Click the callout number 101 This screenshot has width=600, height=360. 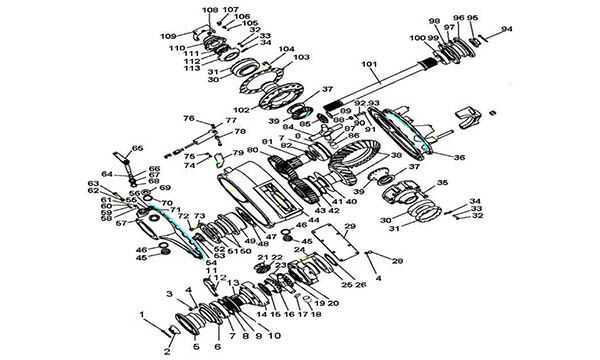[369, 65]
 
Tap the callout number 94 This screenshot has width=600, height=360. [506, 30]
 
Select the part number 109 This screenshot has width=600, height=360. [168, 37]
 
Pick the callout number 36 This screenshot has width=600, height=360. [459, 157]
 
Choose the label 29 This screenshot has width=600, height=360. [351, 228]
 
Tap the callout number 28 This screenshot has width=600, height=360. [397, 261]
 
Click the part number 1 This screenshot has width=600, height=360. [142, 315]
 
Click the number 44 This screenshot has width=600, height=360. [313, 219]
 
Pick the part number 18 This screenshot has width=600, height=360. [316, 314]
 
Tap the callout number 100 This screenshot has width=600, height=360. [415, 38]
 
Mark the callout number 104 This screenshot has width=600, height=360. [286, 48]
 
